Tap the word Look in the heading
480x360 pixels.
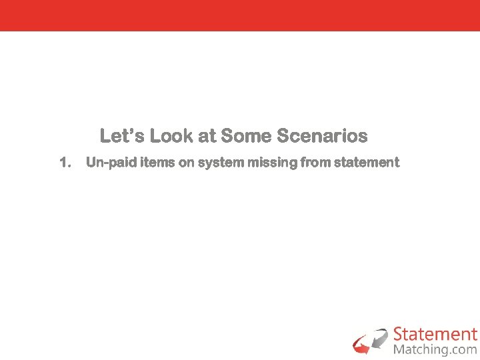point(167,137)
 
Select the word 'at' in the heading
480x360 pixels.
point(206,137)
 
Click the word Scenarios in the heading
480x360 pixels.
point(322,137)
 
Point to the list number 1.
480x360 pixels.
point(65,163)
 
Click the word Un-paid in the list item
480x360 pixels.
point(111,163)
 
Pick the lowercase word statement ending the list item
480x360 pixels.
point(367,163)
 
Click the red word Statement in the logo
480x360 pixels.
point(435,334)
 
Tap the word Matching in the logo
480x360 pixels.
point(420,349)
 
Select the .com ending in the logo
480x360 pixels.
point(463,349)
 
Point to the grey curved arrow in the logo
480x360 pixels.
point(379,337)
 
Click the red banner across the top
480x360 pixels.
point(240,15)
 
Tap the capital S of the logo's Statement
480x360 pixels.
point(399,334)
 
